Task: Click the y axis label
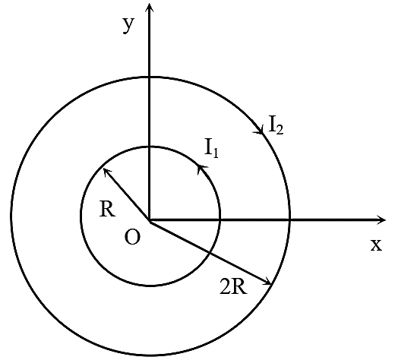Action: pos(128,25)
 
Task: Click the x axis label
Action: pos(376,245)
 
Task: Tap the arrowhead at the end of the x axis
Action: pos(381,219)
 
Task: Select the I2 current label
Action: pos(276,125)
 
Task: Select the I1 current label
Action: pos(211,148)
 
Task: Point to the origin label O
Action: pos(132,238)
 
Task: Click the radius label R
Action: pos(107,209)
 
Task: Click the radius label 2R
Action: pos(233,286)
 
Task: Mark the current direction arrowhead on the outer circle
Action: pos(260,129)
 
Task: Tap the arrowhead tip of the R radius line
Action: pos(104,169)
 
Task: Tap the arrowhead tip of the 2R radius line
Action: pos(271,284)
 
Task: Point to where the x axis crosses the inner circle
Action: pos(220,220)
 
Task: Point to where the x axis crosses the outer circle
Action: pos(289,220)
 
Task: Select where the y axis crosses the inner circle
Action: pos(150,147)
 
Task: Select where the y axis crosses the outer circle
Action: pos(150,77)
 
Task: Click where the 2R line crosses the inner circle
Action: pos(209,252)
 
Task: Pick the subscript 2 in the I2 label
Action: pos(280,130)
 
